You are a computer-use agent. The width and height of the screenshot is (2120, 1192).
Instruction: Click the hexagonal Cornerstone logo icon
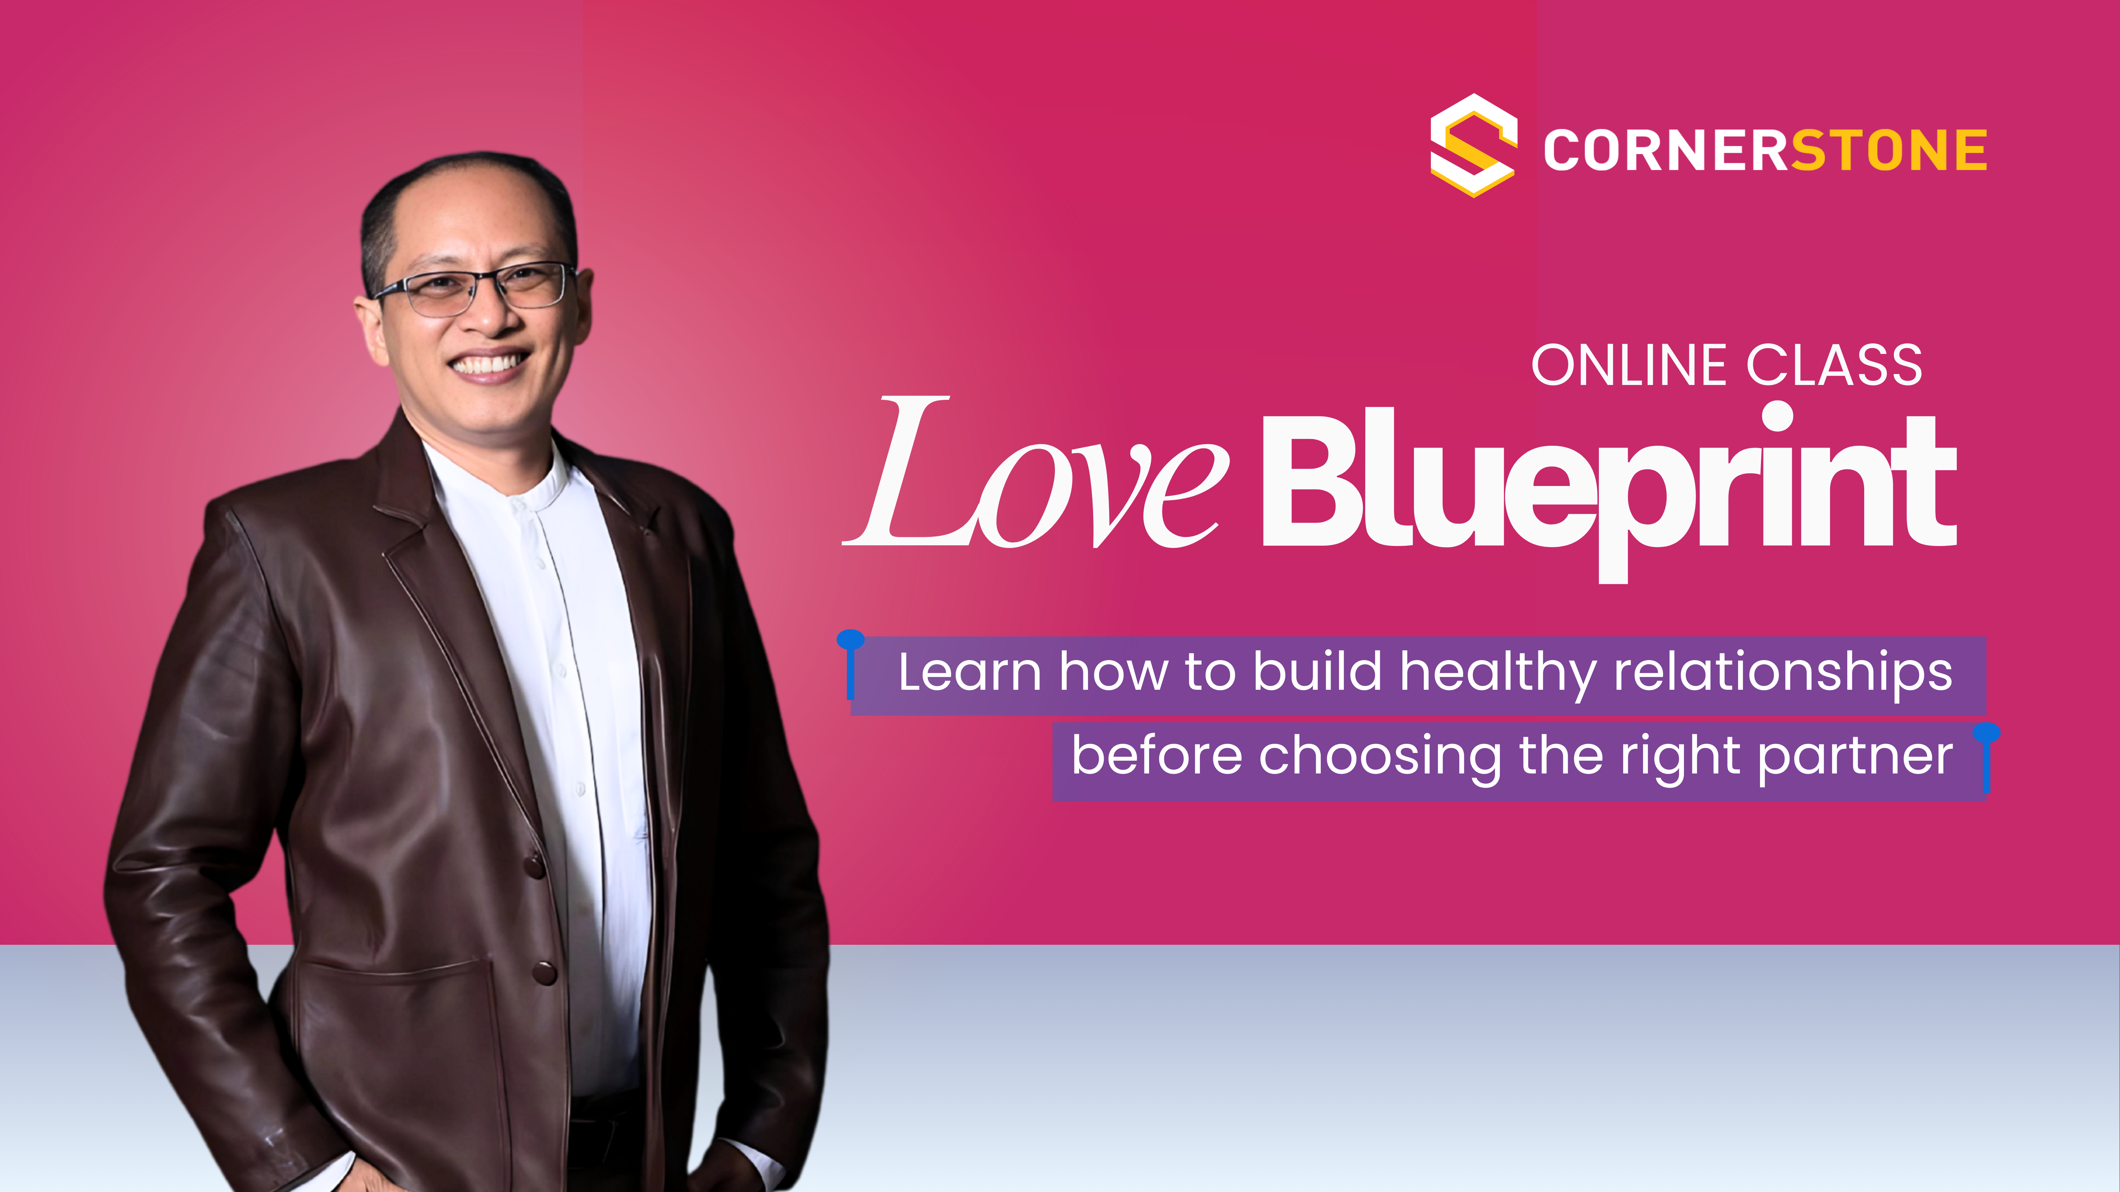tap(1473, 146)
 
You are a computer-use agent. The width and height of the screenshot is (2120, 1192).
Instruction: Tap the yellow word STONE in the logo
tap(1889, 150)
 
